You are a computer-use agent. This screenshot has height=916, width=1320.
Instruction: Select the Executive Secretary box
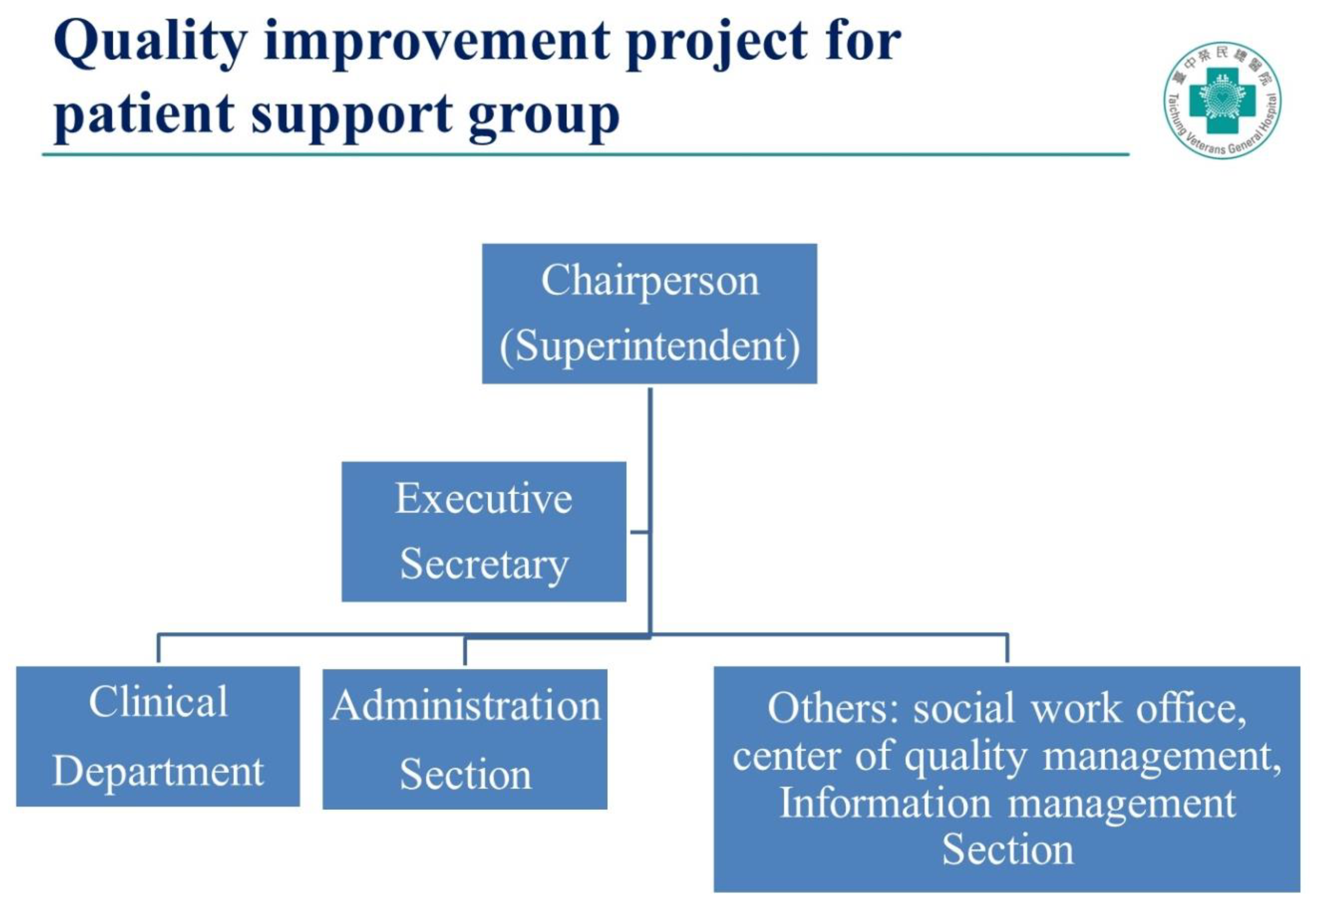(x=484, y=531)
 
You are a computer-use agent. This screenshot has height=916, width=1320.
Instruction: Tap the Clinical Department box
(x=158, y=737)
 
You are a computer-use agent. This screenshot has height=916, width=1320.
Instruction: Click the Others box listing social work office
(x=1007, y=779)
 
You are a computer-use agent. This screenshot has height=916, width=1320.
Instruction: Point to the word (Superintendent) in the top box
(x=649, y=347)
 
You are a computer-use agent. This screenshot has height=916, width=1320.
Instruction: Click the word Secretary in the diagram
(x=484, y=564)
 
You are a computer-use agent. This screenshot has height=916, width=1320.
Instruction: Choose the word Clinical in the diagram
(x=158, y=701)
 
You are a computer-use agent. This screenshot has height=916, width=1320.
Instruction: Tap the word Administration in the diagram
(x=465, y=705)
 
